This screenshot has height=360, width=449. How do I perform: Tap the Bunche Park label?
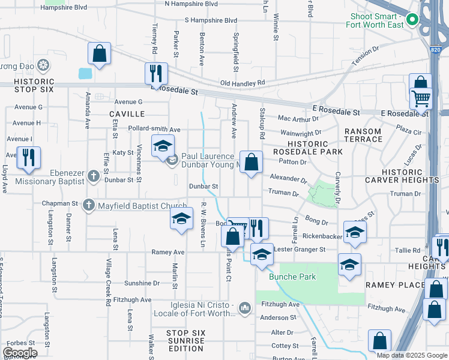pyautogui.click(x=284, y=277)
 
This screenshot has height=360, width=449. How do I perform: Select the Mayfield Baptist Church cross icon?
pyautogui.click(x=89, y=205)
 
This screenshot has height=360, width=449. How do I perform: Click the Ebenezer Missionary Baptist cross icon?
pyautogui.click(x=92, y=176)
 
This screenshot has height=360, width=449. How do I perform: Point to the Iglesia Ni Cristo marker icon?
pyautogui.click(x=244, y=308)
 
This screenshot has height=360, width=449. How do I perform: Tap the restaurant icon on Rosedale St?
pyautogui.click(x=156, y=73)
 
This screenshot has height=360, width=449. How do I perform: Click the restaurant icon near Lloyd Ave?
pyautogui.click(x=29, y=157)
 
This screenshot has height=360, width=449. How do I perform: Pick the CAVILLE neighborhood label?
pyautogui.click(x=127, y=114)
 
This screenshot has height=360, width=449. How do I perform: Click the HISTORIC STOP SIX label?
pyautogui.click(x=34, y=85)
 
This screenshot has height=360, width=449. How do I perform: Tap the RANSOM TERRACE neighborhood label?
pyautogui.click(x=363, y=135)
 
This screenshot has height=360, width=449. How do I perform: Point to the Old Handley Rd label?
pyautogui.click(x=243, y=83)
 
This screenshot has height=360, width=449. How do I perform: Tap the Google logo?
pyautogui.click(x=20, y=353)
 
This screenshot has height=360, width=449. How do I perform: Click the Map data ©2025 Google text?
pyautogui.click(x=412, y=355)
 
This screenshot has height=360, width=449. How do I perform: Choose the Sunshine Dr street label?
pyautogui.click(x=142, y=283)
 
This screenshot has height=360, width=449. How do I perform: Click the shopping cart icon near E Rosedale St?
pyautogui.click(x=421, y=98)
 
